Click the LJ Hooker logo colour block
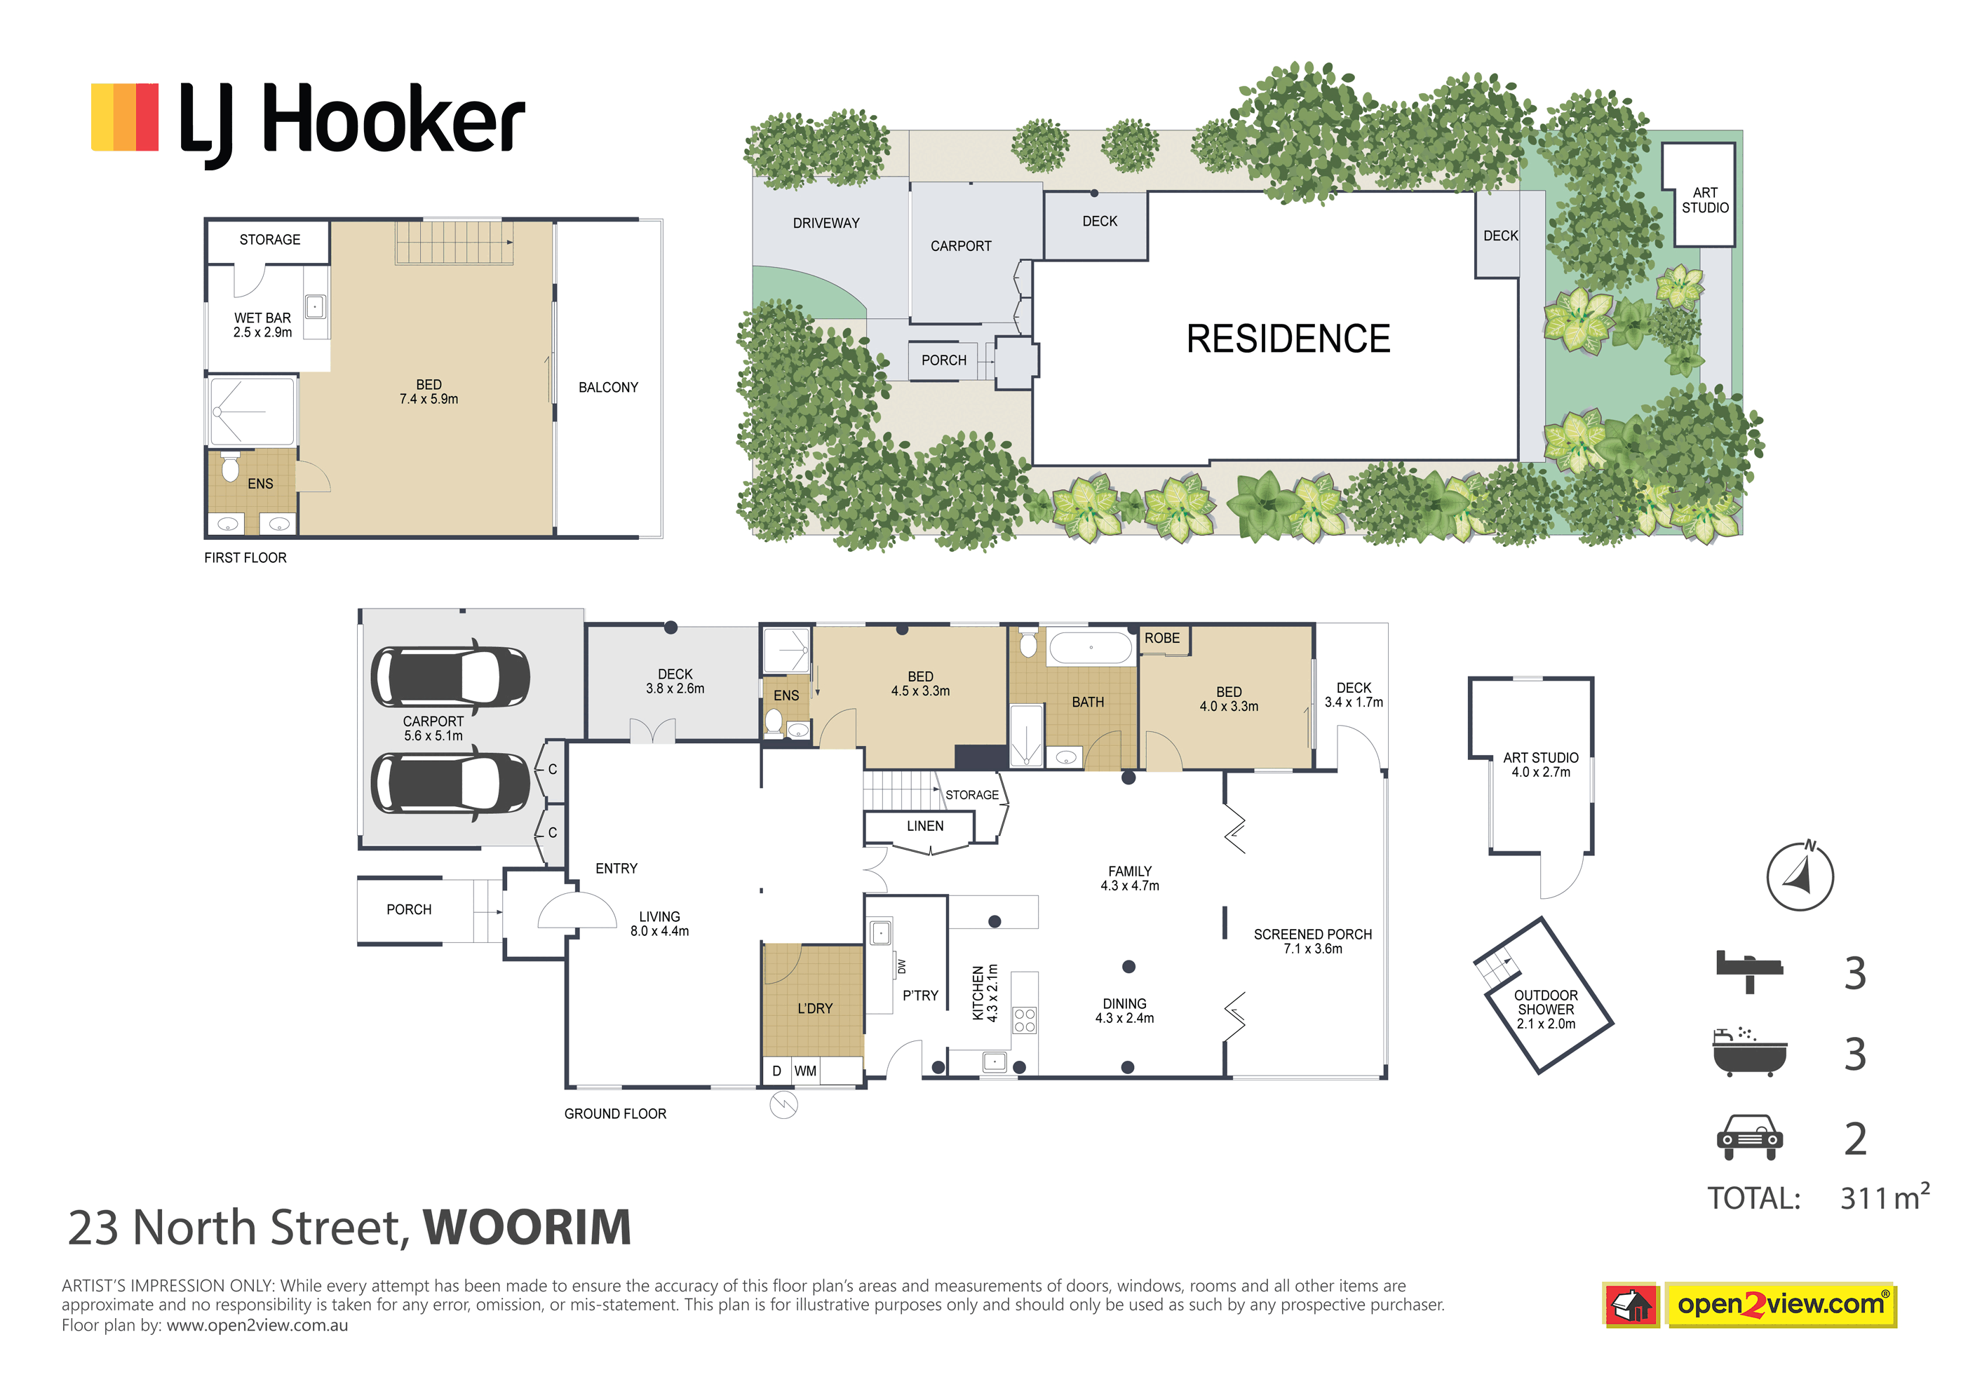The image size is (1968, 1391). point(124,116)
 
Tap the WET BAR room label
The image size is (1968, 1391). point(262,325)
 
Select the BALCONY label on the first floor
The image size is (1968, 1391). point(607,388)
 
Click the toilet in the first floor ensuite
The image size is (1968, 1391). point(231,467)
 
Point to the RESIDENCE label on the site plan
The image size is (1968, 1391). point(1288,339)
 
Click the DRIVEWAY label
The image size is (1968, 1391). point(825,223)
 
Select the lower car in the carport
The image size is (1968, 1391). point(450,783)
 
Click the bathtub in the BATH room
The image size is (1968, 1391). point(1091,648)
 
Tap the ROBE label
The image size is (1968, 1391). point(1161,639)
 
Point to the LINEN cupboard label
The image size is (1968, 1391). point(925,826)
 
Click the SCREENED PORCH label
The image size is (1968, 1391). point(1312,941)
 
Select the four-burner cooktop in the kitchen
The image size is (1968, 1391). point(1024,1020)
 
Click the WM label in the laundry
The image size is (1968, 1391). point(805,1071)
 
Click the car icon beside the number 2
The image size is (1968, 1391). point(1749,1137)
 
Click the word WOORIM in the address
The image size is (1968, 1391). point(527,1228)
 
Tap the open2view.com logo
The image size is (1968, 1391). point(1780,1305)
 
